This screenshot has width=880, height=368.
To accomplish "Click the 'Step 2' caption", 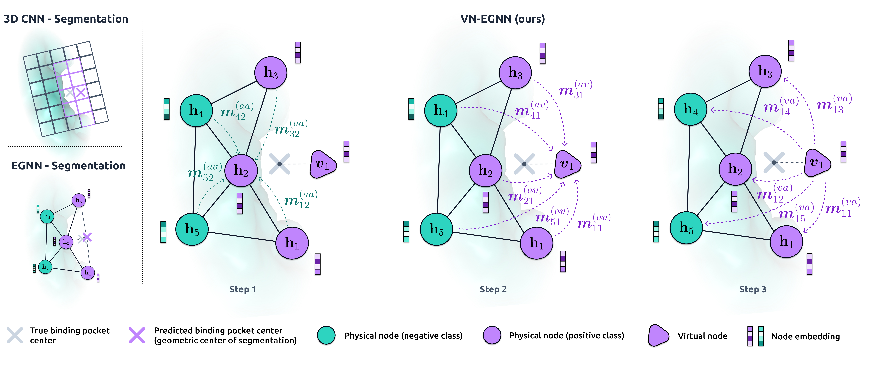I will pos(493,289).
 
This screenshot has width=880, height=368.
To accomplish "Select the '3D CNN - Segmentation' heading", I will pos(66,19).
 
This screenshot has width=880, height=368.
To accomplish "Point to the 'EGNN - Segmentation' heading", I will pos(68,166).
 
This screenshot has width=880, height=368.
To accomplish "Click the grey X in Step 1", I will pos(279,164).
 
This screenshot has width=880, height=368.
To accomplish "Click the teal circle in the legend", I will pos(326,335).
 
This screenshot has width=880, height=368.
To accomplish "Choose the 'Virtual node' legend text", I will pos(702,336).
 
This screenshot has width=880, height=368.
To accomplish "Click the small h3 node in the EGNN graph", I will pos(79,200).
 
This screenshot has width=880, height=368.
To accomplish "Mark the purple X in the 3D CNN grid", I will pos(81,92).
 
